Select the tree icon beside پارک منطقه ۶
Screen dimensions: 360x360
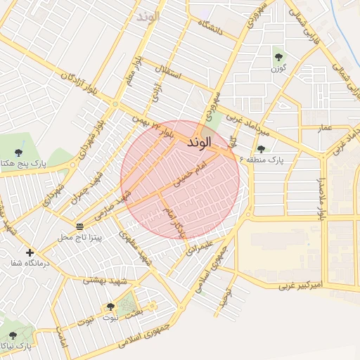coord(261,149)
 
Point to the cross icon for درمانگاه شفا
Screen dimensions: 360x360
coord(30,252)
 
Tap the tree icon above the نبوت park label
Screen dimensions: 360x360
coord(110,307)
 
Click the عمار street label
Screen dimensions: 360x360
coord(324,127)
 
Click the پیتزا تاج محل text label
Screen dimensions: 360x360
coord(79,238)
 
